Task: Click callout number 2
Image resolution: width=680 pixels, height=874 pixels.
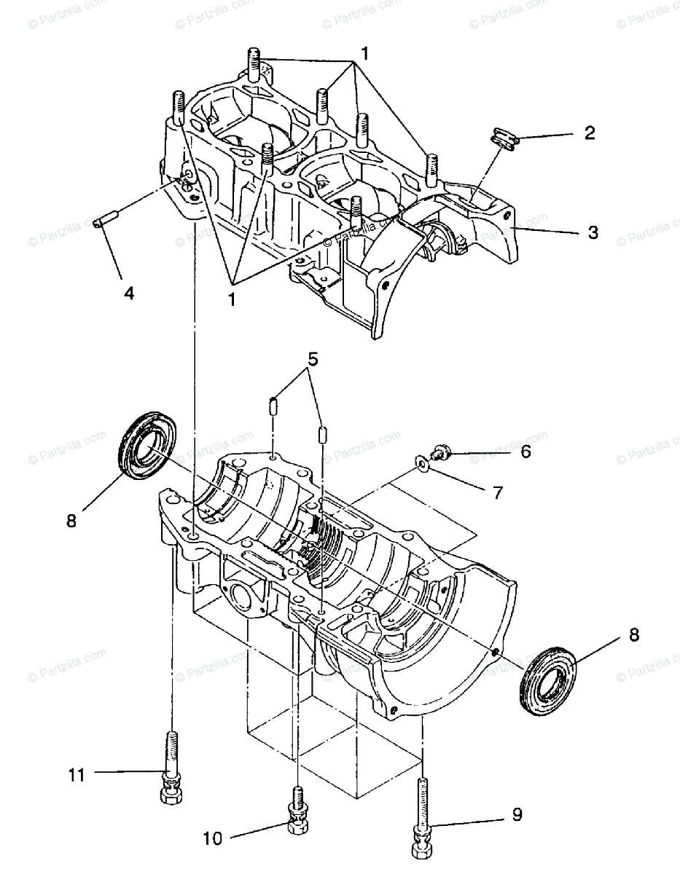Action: pyautogui.click(x=590, y=133)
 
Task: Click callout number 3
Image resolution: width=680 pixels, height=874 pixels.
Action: pyautogui.click(x=593, y=232)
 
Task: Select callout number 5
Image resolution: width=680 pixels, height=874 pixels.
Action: pyautogui.click(x=313, y=359)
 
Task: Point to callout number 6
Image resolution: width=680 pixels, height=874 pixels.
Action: pyautogui.click(x=525, y=452)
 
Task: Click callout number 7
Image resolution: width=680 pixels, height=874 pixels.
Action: pyautogui.click(x=498, y=493)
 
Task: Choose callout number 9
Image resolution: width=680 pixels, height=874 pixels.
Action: pyautogui.click(x=517, y=814)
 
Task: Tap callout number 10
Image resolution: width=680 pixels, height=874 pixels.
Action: pyautogui.click(x=212, y=839)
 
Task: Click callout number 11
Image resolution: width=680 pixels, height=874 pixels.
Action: pyautogui.click(x=77, y=775)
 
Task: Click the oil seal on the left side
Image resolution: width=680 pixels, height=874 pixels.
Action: pyautogui.click(x=147, y=446)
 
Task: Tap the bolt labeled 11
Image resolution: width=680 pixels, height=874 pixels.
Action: pyautogui.click(x=171, y=765)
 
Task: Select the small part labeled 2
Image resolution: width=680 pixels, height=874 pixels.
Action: pyautogui.click(x=502, y=139)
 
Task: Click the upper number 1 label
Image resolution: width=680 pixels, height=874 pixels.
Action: pyautogui.click(x=364, y=53)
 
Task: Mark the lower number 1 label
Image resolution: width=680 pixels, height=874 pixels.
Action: pyautogui.click(x=231, y=298)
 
